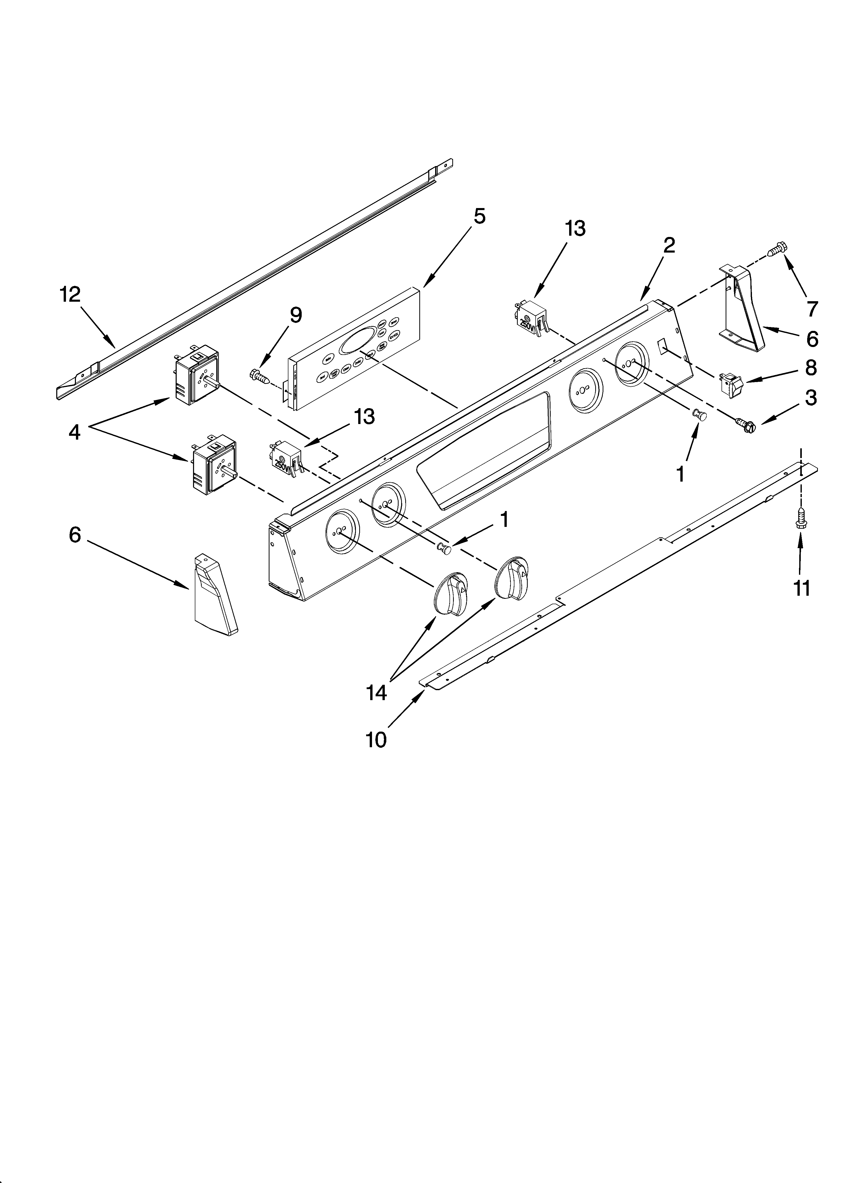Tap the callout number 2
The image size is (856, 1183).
tap(669, 245)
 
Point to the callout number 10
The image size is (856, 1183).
tap(376, 740)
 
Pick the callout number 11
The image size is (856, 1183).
tap(802, 588)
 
